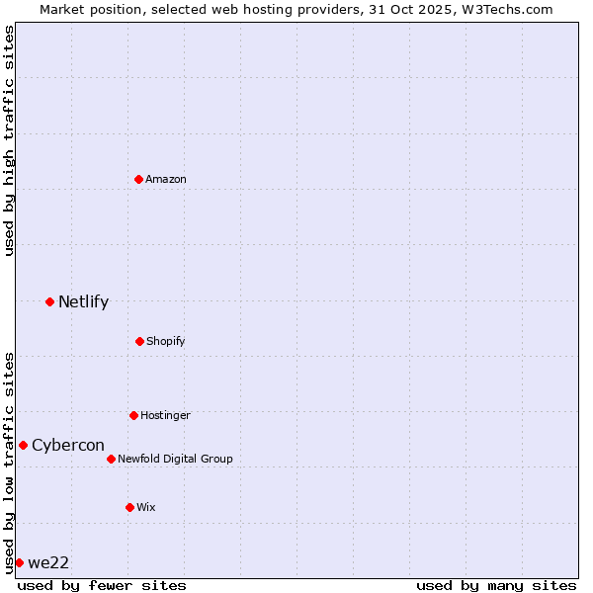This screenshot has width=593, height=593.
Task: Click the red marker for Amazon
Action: click(x=138, y=179)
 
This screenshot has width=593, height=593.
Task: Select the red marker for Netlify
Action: click(x=49, y=301)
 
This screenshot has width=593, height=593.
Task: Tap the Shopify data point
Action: click(x=139, y=341)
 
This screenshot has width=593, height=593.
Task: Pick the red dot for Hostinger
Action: click(x=133, y=415)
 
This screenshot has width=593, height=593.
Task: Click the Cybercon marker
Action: click(x=23, y=445)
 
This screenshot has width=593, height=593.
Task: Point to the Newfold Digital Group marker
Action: click(x=111, y=459)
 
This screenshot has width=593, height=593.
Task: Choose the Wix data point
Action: click(x=129, y=507)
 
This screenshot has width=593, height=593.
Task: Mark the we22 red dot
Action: click(x=19, y=562)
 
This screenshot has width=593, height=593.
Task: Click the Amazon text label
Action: click(x=166, y=179)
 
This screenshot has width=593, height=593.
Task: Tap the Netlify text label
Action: click(x=83, y=301)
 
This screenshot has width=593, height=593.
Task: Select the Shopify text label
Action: click(x=166, y=341)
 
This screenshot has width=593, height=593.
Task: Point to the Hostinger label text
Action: click(x=165, y=415)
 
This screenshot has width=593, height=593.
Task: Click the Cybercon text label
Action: click(x=68, y=445)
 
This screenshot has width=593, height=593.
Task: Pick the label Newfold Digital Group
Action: click(x=176, y=459)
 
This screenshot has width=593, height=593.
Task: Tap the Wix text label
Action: click(x=146, y=507)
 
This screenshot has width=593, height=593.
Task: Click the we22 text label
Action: click(x=48, y=562)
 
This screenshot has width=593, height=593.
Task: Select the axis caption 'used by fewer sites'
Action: click(x=102, y=585)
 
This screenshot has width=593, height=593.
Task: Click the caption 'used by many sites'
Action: click(x=496, y=585)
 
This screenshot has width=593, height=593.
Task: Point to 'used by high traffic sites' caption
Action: click(x=9, y=140)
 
